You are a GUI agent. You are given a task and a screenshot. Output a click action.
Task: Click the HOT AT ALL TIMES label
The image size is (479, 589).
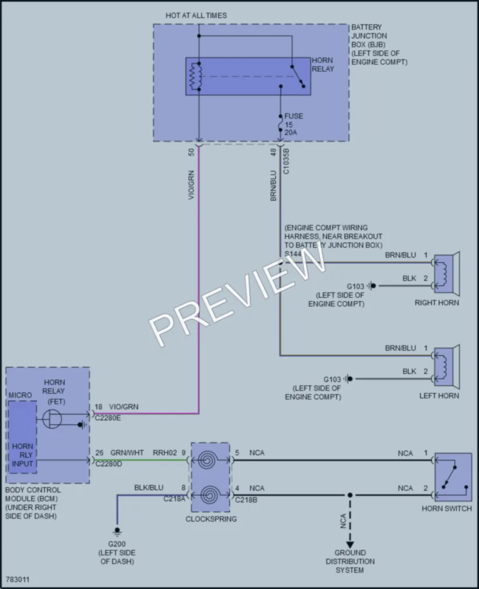(x=196, y=15)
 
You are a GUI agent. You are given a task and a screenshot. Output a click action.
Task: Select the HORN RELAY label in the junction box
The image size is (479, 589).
(x=322, y=65)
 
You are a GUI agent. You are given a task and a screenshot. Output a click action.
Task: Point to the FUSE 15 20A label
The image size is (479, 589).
(x=294, y=124)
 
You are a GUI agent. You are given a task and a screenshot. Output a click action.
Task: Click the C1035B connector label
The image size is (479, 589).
(x=286, y=161)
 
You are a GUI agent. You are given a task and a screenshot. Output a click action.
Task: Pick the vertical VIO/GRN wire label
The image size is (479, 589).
(x=191, y=185)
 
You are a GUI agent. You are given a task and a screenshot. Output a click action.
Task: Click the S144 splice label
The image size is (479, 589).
(x=293, y=254)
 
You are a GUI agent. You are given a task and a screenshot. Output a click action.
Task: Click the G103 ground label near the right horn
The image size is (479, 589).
(x=355, y=286)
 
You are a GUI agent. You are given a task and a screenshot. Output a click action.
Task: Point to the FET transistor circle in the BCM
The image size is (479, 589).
(x=52, y=419)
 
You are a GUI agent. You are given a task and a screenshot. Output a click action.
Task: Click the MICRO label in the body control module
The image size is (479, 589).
(x=20, y=395)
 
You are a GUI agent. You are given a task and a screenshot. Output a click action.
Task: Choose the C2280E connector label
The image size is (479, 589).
(x=108, y=418)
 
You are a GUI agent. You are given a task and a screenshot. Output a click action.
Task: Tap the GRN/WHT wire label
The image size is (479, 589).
(x=127, y=452)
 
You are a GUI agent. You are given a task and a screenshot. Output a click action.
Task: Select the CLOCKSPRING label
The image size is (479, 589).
(x=211, y=519)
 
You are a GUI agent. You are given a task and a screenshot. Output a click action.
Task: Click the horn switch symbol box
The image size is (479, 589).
(x=453, y=477)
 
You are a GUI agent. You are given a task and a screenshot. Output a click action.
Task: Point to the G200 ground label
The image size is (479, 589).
(x=117, y=544)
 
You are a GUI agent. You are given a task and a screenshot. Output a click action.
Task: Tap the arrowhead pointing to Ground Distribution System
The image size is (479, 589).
(x=350, y=544)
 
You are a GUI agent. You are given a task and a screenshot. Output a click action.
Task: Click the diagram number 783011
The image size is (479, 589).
(x=17, y=580)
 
